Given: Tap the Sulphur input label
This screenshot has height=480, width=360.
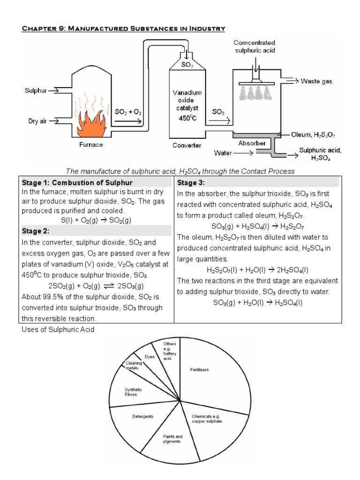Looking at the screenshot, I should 36,91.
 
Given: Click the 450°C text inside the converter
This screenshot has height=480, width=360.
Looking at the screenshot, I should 187,118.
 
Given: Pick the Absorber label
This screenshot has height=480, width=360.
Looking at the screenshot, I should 252,143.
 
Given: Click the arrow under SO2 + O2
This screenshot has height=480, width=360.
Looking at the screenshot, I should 128,121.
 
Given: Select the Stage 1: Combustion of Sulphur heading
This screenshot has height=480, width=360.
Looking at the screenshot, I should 77,182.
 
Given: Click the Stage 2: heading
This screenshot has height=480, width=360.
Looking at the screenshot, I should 36,231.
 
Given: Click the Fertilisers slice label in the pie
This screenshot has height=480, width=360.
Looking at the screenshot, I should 200,370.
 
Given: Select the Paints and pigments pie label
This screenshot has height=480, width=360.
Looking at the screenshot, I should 172,439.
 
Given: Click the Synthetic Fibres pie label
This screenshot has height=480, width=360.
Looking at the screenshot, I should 133,392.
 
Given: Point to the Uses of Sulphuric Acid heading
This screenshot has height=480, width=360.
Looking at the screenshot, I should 58,329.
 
